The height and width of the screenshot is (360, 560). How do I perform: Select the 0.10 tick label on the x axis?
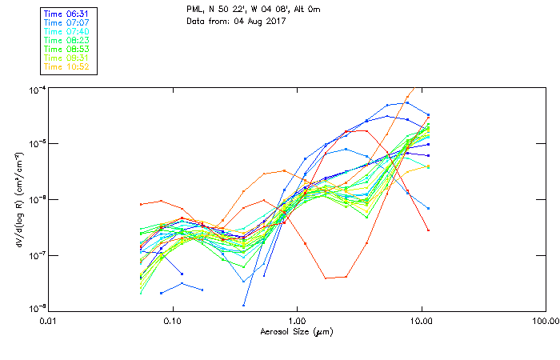[x=172, y=321]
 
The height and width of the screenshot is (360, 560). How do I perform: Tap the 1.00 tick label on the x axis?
[x=297, y=321]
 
